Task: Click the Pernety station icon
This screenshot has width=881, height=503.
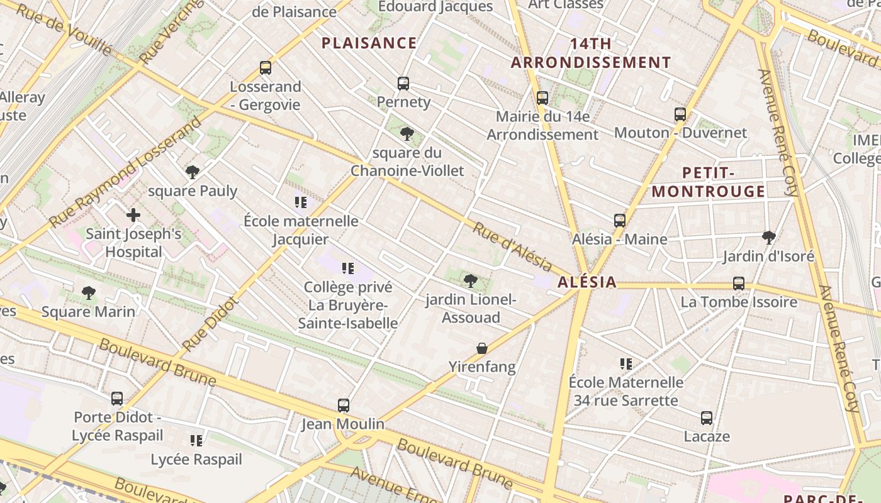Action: [403, 83]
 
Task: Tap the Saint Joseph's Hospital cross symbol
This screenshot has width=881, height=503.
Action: [133, 215]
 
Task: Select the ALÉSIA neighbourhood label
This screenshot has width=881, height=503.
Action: [586, 282]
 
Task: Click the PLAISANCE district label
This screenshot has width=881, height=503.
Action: [369, 43]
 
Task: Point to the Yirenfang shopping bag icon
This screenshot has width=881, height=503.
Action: [481, 348]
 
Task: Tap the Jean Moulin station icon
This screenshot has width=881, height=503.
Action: [343, 406]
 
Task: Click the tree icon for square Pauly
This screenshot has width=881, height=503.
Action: [193, 172]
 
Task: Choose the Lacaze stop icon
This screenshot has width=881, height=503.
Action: [707, 418]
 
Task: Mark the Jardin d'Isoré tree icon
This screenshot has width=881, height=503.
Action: [768, 237]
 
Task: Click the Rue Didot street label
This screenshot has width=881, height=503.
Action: [210, 324]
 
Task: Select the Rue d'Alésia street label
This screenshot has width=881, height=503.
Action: [512, 247]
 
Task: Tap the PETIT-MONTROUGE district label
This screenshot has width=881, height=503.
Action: [709, 182]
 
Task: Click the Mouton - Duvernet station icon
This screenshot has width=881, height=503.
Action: [680, 114]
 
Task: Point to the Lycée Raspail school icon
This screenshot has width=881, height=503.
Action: [196, 441]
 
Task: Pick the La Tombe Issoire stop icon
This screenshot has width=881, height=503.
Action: [739, 284]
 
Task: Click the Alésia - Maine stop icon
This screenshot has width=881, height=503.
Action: [620, 221]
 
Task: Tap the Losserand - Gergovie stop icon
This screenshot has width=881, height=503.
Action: [266, 68]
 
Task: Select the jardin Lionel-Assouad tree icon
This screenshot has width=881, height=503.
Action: [469, 281]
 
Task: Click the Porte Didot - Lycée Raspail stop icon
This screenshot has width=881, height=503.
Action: [117, 399]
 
